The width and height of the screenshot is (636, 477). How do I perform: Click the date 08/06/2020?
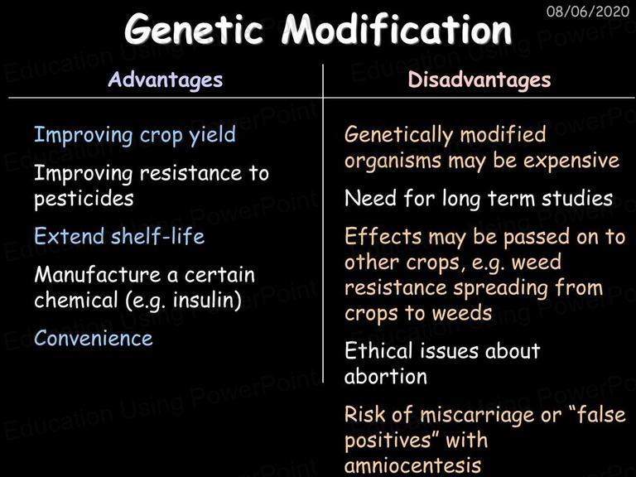(588, 11)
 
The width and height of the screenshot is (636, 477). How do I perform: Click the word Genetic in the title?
(194, 29)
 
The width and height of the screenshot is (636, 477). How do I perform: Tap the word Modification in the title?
(397, 28)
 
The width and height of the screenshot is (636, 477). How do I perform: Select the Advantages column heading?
(166, 79)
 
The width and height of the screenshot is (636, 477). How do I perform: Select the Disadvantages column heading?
(479, 79)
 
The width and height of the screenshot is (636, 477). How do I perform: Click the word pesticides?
(84, 199)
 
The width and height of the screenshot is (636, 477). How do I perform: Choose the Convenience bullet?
(94, 338)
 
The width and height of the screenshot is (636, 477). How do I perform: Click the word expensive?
(571, 161)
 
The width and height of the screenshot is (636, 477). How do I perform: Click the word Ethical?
(378, 350)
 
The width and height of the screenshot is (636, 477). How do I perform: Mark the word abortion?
(386, 376)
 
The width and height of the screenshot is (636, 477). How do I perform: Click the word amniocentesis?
(413, 465)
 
